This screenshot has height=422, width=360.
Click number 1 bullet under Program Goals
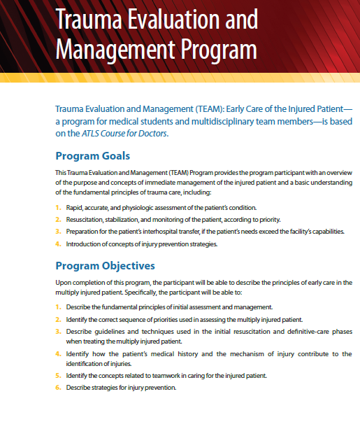(57, 208)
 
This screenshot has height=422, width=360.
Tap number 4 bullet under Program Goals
(57, 244)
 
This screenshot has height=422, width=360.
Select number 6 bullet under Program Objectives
(57, 388)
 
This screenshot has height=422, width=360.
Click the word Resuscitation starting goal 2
(86, 220)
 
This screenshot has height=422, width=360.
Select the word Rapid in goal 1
(75, 208)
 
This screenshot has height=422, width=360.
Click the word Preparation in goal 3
(85, 232)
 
